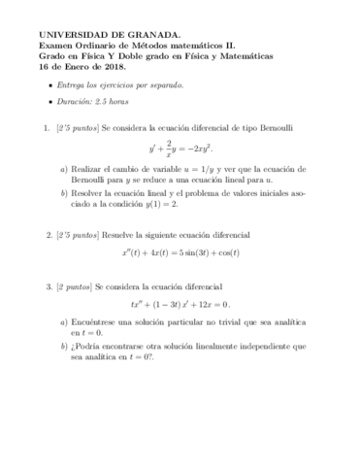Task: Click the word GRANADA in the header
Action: pyautogui.click(x=148, y=33)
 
